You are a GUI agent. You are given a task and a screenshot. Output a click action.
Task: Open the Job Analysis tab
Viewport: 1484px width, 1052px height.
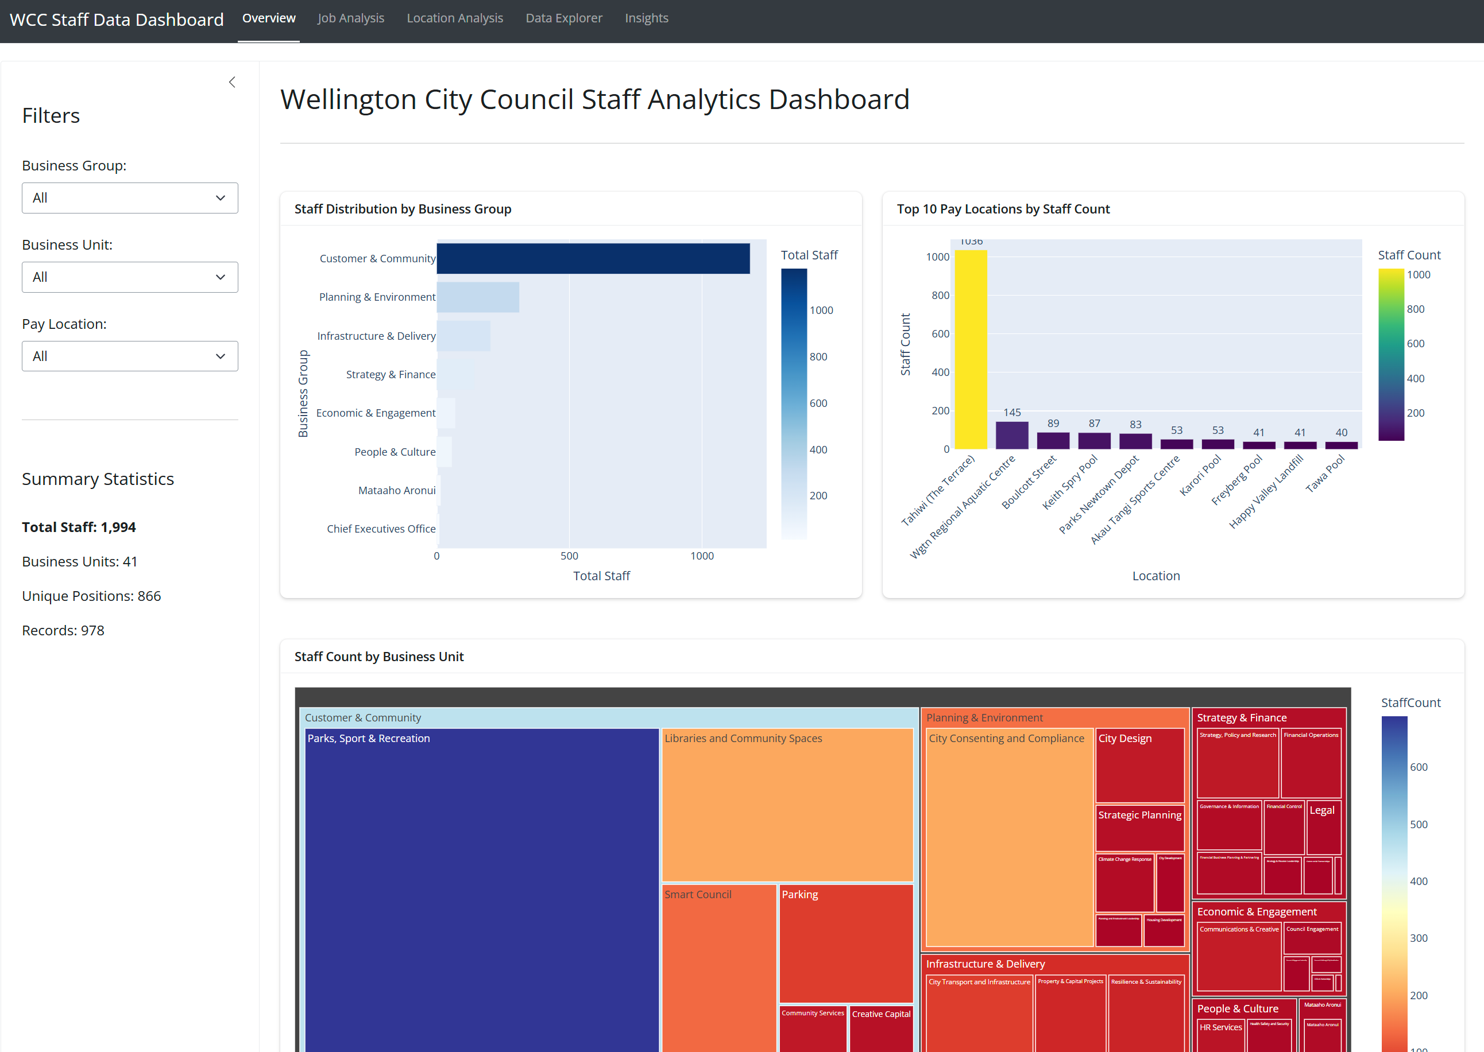tap(350, 18)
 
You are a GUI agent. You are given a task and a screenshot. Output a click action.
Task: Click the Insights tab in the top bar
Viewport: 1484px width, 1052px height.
tap(646, 18)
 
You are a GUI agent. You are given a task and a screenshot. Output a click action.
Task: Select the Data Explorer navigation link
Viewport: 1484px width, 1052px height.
tap(563, 18)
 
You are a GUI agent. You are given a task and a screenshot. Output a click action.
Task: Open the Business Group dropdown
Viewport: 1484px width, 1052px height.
tap(130, 197)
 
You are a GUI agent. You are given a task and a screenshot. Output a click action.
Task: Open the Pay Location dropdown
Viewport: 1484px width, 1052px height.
tap(130, 356)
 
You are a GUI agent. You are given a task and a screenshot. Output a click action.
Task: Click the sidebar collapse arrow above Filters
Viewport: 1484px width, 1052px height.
tap(232, 82)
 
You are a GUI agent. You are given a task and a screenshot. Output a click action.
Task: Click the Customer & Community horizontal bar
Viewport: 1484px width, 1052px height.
tap(592, 258)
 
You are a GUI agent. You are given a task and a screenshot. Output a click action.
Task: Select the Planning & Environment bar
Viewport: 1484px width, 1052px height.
tap(478, 297)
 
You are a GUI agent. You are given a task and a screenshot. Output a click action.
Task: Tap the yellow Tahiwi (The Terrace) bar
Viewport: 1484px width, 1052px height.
tap(970, 350)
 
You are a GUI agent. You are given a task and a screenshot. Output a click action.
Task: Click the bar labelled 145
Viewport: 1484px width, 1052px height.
tap(1011, 435)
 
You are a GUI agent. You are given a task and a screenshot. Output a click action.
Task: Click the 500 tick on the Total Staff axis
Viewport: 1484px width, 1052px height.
tap(569, 556)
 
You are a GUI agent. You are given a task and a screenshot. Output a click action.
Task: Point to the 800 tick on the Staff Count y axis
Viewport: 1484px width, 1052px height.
tap(940, 296)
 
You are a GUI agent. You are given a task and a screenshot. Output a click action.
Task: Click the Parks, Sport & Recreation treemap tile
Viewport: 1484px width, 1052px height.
tap(481, 894)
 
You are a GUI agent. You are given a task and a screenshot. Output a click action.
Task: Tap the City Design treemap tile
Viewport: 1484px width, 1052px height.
tap(1139, 768)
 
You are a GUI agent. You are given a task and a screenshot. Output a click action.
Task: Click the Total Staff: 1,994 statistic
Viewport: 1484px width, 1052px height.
tap(79, 527)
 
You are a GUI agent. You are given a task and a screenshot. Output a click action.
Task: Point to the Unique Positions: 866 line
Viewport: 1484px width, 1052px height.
tap(91, 596)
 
